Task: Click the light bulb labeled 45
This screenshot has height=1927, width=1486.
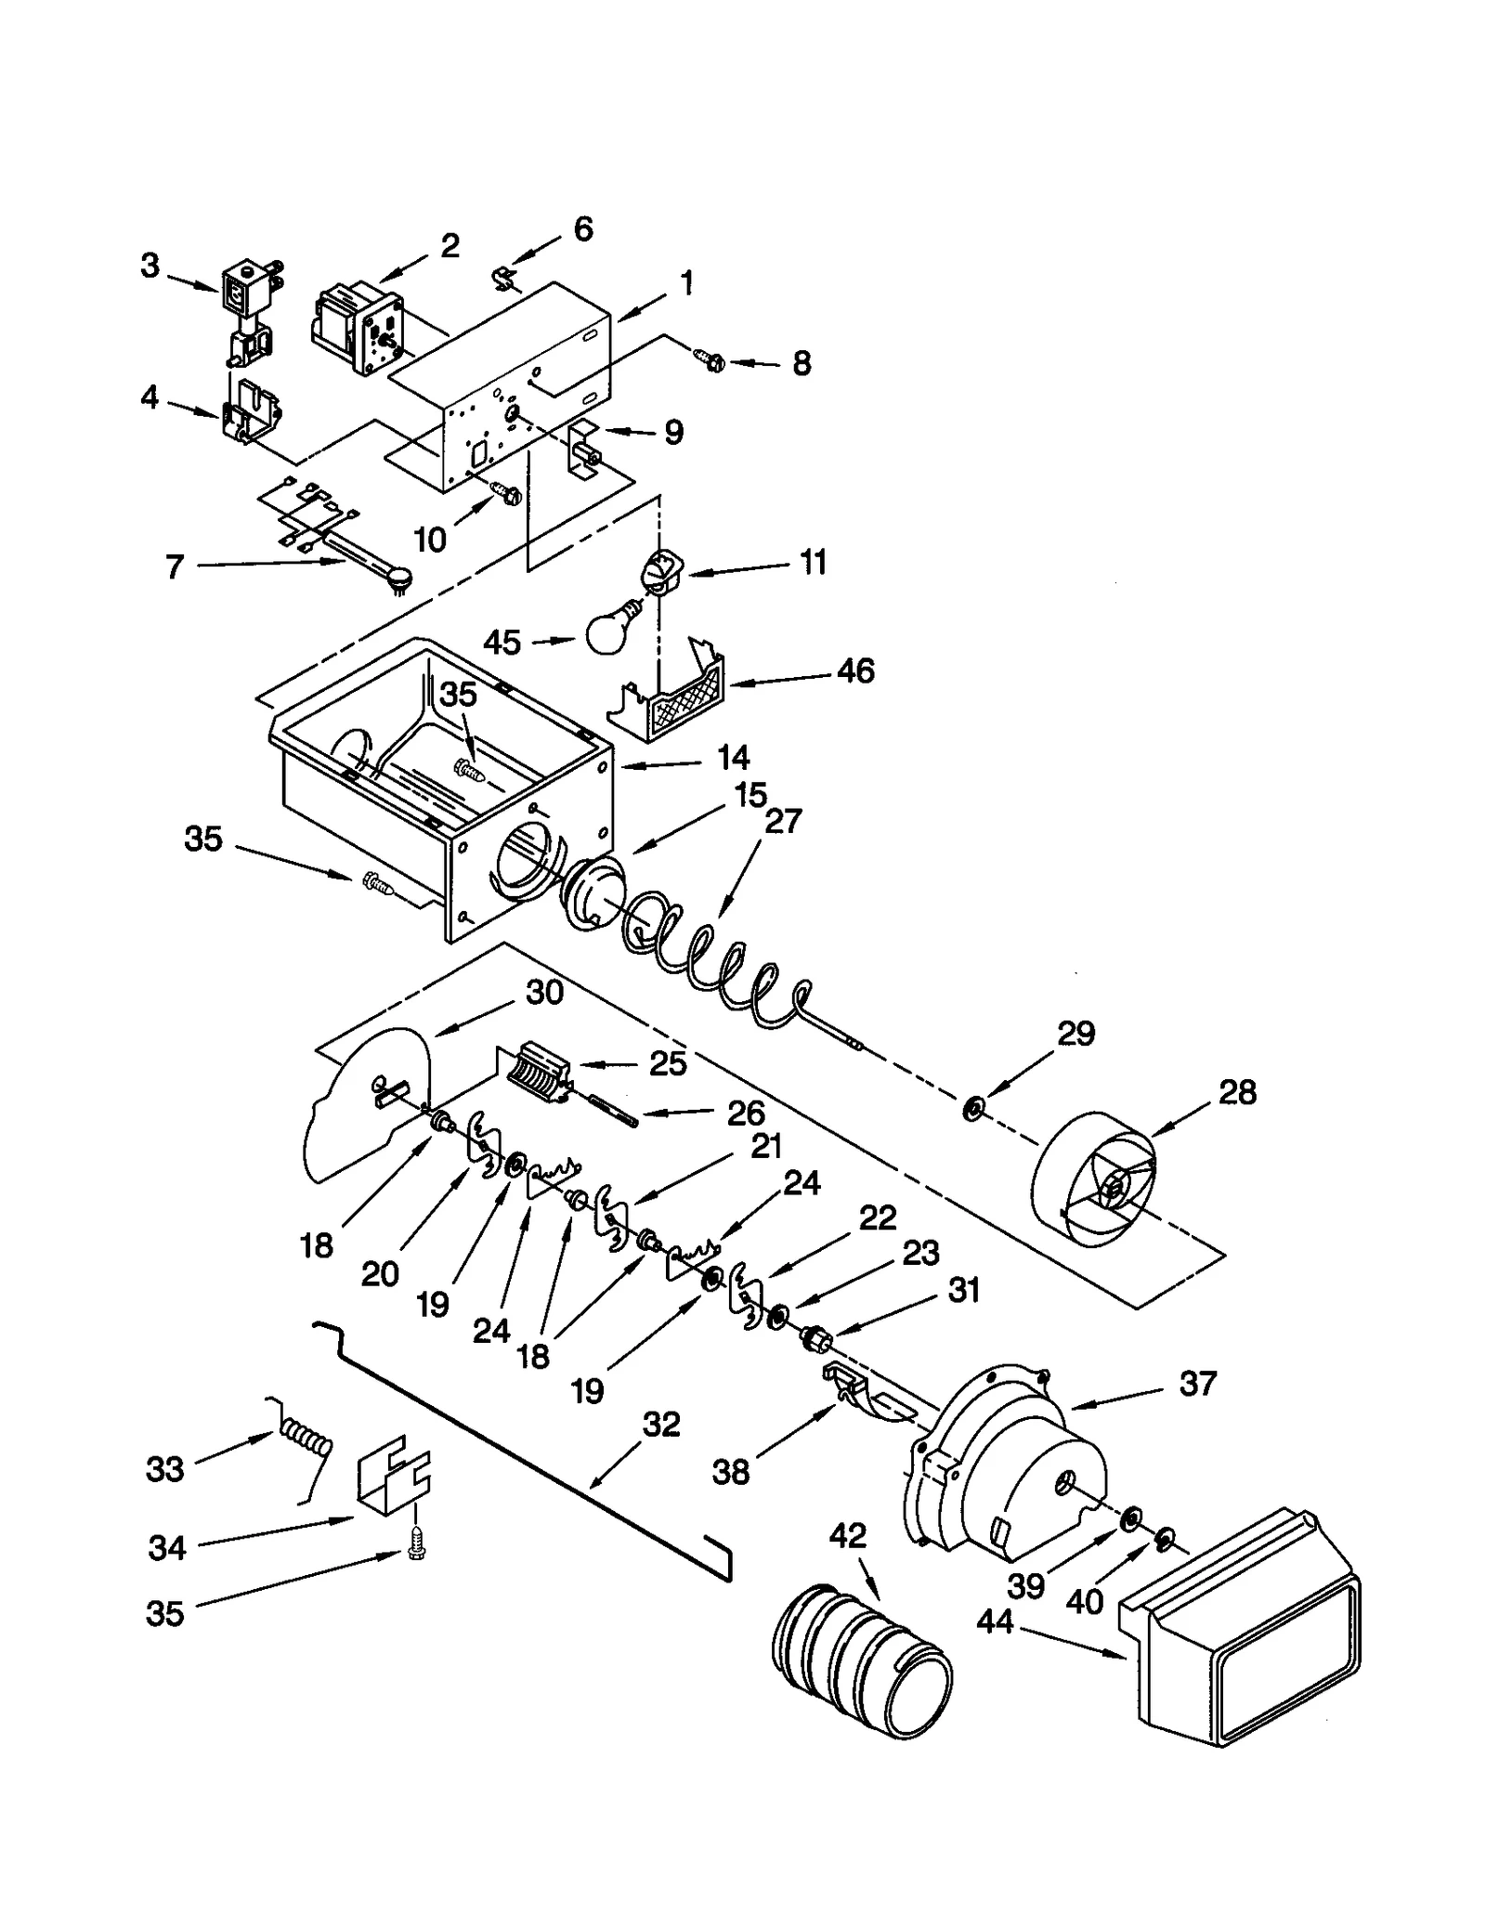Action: point(608,631)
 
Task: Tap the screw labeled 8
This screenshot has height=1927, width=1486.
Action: point(710,359)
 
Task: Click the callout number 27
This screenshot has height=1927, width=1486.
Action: point(782,821)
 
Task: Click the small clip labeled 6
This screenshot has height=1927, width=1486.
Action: point(502,276)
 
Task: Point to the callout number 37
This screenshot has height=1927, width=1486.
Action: point(1197,1384)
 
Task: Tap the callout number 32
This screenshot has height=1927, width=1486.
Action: point(661,1425)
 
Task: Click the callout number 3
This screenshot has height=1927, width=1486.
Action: point(150,267)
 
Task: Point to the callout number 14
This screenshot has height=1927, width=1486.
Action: point(733,758)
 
